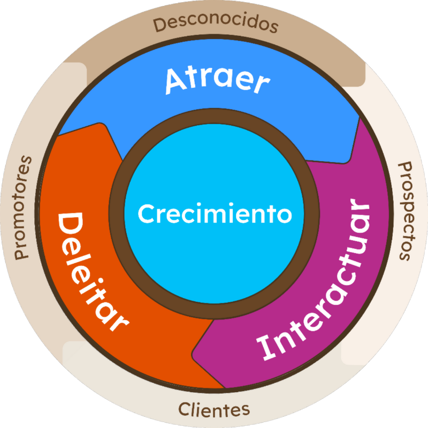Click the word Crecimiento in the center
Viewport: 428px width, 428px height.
215,214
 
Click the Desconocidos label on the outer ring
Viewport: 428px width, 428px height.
215,24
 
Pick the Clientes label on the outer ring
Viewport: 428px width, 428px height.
214,410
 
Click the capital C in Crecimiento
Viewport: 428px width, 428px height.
145,215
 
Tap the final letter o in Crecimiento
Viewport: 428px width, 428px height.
285,215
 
